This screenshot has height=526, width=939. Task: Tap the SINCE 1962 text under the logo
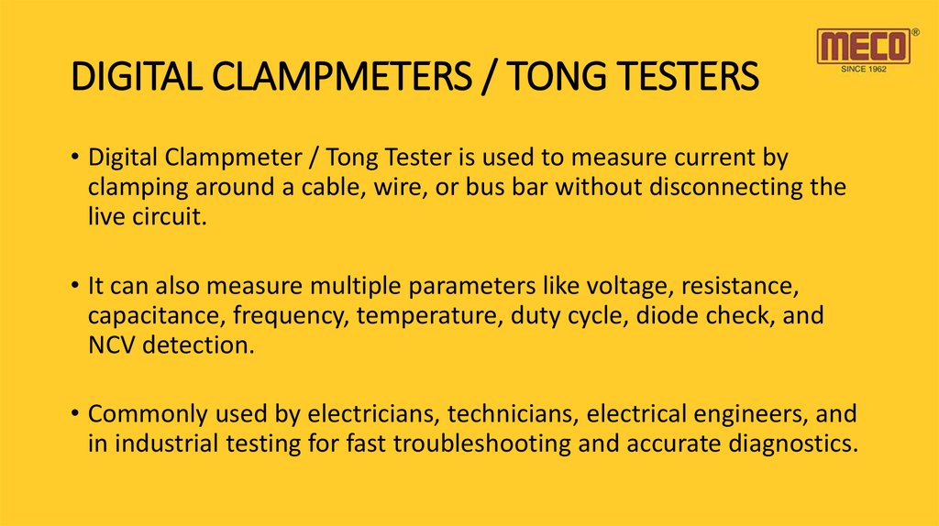(x=864, y=69)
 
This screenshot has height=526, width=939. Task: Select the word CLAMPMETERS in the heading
(x=303, y=76)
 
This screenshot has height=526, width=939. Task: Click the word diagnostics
(x=794, y=445)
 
